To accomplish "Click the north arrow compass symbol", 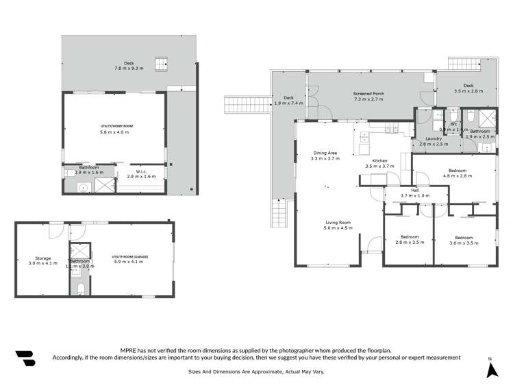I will click(x=490, y=368).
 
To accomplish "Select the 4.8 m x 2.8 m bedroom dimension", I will click(x=457, y=176).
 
